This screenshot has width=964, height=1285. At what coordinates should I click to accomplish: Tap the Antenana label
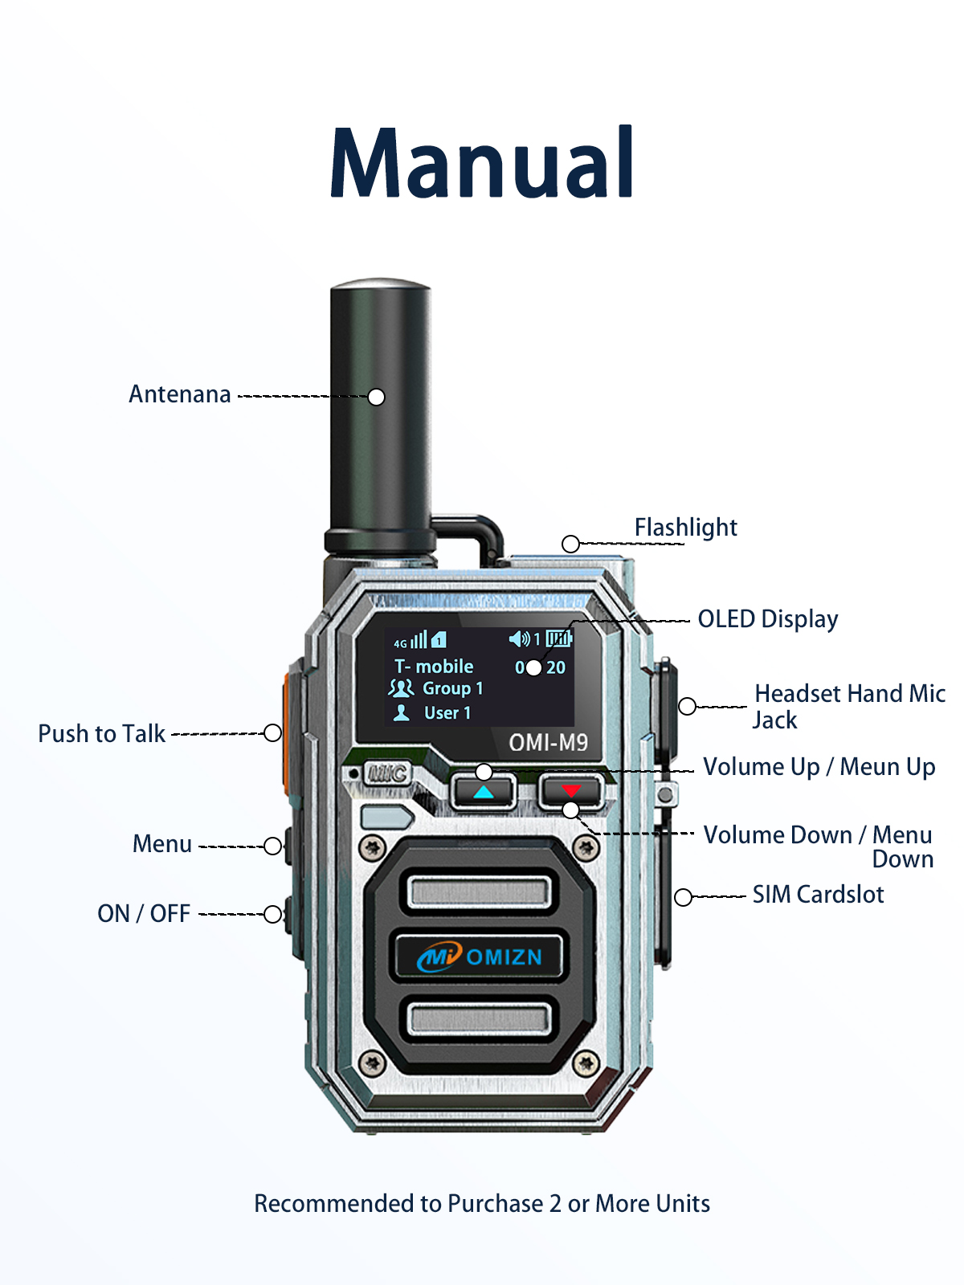point(180,394)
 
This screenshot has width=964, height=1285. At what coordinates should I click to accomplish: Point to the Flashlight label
point(685,528)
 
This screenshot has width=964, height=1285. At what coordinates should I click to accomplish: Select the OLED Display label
point(767,619)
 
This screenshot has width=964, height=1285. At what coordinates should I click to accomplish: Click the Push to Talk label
point(101,734)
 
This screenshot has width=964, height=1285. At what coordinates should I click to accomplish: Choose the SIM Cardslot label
point(818,895)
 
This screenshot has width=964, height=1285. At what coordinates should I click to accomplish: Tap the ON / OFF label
point(144,914)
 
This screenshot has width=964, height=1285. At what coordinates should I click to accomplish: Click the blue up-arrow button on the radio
point(483,792)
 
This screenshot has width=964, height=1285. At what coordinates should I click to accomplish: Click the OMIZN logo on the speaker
point(480,957)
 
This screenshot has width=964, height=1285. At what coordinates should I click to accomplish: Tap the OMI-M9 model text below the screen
point(548,743)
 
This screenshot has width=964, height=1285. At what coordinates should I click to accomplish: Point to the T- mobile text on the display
point(434,667)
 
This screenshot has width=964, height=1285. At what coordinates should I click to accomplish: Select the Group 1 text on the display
point(452,689)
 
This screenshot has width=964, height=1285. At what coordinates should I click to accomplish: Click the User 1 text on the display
point(447,713)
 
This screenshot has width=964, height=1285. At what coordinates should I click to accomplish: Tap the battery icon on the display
point(558,639)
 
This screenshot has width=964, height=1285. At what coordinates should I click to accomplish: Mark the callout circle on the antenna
point(376,397)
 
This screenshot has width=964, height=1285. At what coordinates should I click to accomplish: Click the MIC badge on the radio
point(388,773)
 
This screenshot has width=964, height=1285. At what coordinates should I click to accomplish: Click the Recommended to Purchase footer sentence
point(482,1204)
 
